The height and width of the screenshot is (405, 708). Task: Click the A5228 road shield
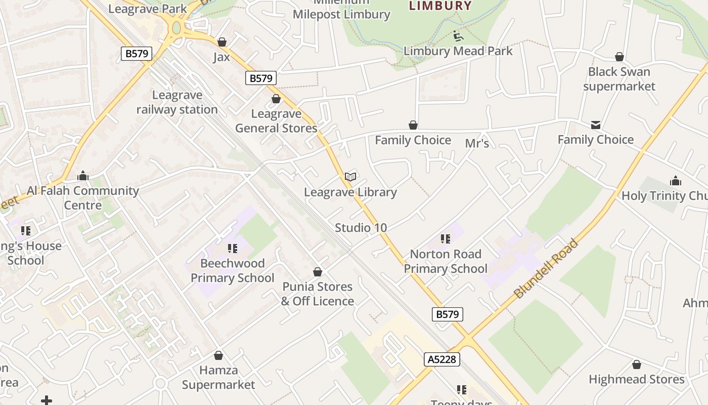tap(441, 359)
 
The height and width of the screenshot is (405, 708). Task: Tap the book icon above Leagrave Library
tap(350, 177)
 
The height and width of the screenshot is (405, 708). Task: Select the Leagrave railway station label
tap(177, 102)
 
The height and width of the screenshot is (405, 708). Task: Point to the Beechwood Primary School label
tap(233, 270)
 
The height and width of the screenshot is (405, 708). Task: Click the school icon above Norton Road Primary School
tap(446, 238)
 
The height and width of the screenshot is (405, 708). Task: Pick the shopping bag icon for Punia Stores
tap(318, 272)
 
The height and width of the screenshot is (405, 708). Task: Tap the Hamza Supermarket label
tap(218, 377)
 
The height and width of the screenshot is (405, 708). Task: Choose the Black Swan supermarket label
tap(619, 79)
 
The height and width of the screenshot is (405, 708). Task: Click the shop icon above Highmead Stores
tap(637, 364)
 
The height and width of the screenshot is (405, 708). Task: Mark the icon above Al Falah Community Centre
tap(83, 176)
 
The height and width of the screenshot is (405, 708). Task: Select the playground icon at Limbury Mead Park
tap(458, 36)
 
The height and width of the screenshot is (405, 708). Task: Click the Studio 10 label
tap(361, 228)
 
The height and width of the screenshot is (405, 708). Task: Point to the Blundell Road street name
tap(546, 268)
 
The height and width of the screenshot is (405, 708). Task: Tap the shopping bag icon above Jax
tap(222, 42)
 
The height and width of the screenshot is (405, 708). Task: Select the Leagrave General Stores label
tap(276, 121)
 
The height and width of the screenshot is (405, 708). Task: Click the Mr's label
tap(477, 144)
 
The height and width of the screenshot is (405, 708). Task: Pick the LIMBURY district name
tap(440, 6)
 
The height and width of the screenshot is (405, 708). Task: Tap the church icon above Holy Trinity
tap(676, 181)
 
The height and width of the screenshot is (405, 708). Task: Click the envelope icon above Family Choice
tap(596, 125)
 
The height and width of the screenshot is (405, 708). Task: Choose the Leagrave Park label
tap(148, 9)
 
